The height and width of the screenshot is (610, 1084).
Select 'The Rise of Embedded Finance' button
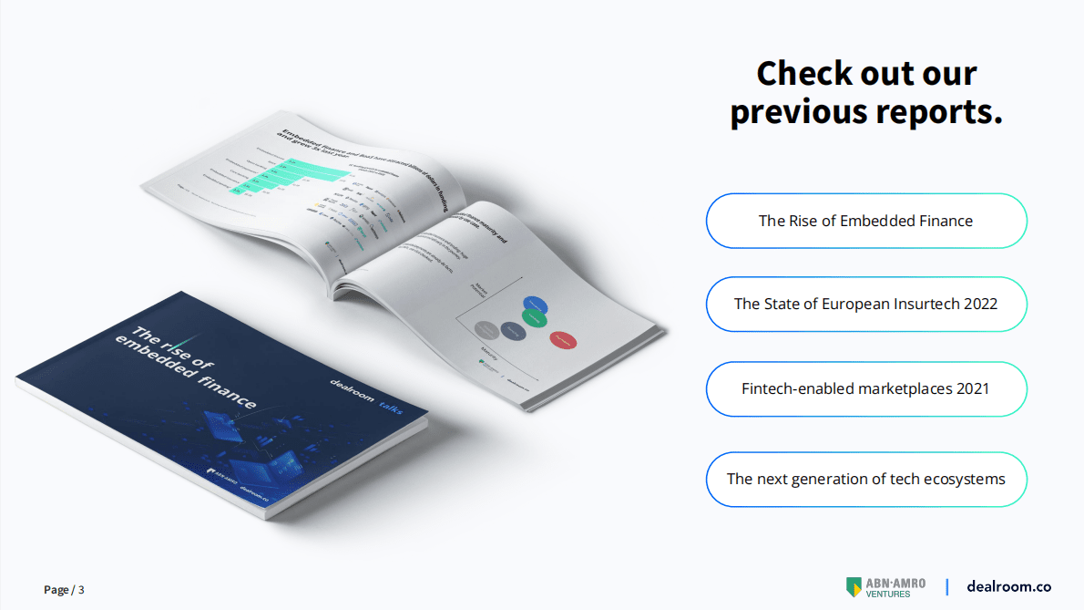pos(865,221)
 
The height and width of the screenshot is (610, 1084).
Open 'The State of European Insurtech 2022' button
pos(865,304)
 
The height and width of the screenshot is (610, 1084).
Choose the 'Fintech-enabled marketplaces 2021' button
pos(865,388)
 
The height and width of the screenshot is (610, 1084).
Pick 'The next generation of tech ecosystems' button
pos(865,479)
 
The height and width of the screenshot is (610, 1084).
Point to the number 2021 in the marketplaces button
pos(972,388)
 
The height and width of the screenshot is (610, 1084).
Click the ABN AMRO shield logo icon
pos(854,586)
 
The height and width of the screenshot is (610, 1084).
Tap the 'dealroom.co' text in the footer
pos(1008,586)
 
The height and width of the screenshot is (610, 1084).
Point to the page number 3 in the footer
pos(81,590)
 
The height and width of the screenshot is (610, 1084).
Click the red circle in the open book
pos(562,339)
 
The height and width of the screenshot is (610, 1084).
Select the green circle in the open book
pos(535,318)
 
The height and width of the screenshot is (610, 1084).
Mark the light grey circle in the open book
pos(486,329)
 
